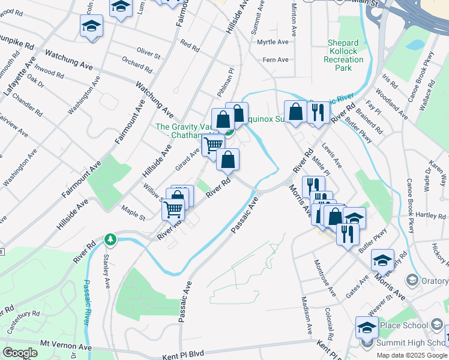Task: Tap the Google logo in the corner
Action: [20, 353]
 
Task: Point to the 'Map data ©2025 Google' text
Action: [412, 355]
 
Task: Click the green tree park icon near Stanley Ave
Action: [110, 240]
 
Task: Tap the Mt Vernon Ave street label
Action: [66, 347]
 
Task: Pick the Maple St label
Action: [133, 213]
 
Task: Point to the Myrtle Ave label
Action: [273, 42]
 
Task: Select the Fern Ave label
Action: [276, 59]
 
